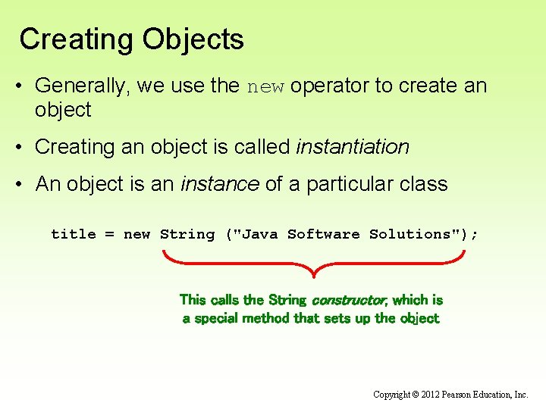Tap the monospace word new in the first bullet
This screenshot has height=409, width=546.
coord(265,86)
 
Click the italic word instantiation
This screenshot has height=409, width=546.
coord(353,147)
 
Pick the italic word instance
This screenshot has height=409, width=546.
coord(220,184)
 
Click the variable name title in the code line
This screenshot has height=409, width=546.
coord(74,234)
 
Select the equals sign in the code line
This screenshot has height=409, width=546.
coord(109,235)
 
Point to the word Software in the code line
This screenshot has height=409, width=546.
coord(324,234)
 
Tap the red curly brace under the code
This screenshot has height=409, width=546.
coord(313,265)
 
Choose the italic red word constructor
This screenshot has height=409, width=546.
coord(349,300)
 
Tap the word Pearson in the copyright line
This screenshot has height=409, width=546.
coord(463,395)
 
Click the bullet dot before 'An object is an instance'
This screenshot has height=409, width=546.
coord(24,185)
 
